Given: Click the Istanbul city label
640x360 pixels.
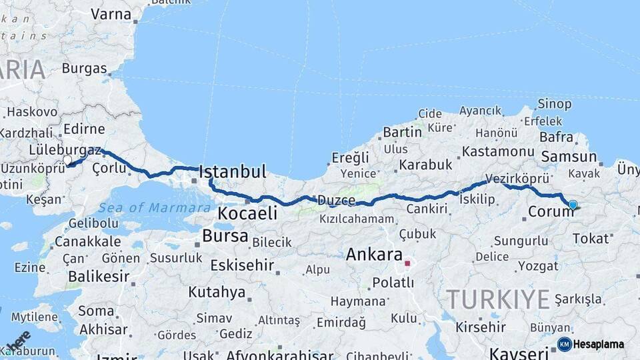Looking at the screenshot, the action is pos(233,171).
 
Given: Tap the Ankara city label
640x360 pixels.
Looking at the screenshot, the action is pos(374,255).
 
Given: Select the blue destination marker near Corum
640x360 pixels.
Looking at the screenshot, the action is pos(573,205).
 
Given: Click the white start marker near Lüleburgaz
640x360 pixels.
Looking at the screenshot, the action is pos(67,160).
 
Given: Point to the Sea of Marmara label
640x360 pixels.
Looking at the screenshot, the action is pos(154,208).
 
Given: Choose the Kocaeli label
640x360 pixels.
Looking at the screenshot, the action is pos(248,214).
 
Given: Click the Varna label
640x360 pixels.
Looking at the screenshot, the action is pos(111,13).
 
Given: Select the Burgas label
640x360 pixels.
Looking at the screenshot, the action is pos(85,68).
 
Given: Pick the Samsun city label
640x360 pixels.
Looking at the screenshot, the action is pos(569,157).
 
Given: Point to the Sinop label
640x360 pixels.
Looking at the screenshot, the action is pos(555,104).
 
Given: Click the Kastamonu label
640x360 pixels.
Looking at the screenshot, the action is pos(499,152).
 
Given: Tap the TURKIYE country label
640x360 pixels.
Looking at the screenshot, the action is pos(497,299).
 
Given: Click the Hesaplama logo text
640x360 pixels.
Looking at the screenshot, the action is pos(599,344).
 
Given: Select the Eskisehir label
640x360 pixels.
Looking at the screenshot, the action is pos(242,265).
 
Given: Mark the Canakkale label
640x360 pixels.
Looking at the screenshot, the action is pos(87,241).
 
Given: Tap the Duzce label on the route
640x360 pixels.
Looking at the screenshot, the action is pos(336,200).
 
